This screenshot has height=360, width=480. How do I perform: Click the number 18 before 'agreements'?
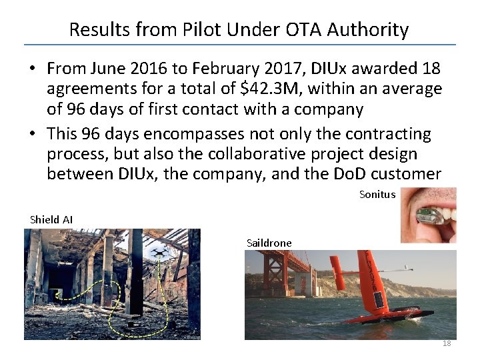pyautogui.click(x=429, y=69)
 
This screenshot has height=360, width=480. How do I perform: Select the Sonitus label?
pyautogui.click(x=377, y=195)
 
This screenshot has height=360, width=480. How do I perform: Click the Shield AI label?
pyautogui.click(x=51, y=219)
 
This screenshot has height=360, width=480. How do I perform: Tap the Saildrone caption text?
pyautogui.click(x=269, y=243)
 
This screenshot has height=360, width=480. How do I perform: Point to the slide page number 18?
pyautogui.click(x=447, y=343)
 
